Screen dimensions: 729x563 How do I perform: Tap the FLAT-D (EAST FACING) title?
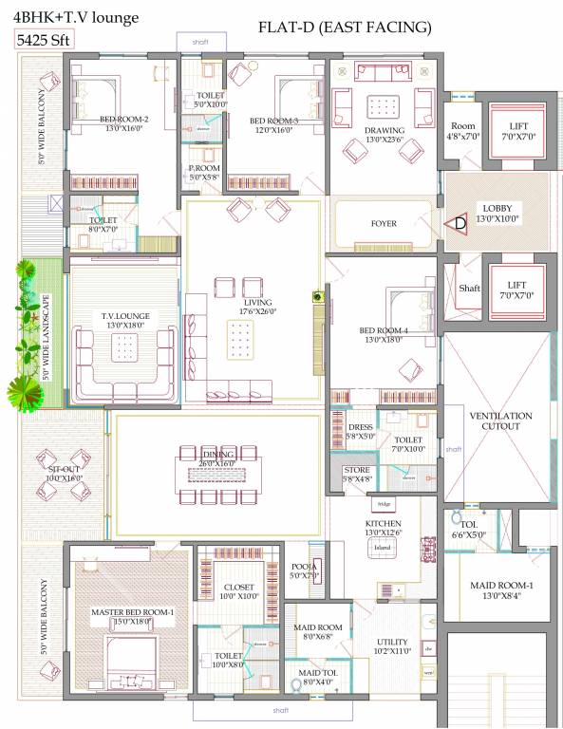point(345,27)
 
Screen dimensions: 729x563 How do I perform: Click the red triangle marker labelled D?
point(458,224)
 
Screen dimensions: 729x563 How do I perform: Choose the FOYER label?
point(384,224)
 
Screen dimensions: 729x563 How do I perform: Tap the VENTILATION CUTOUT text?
point(499,421)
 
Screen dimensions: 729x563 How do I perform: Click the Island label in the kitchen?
point(384,548)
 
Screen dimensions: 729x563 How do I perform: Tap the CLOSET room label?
point(239,588)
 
